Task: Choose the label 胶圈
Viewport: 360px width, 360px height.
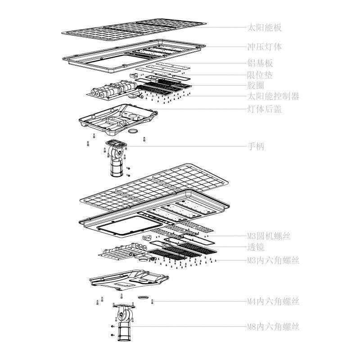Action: [x=255, y=85]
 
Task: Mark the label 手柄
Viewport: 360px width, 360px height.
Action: [x=255, y=146]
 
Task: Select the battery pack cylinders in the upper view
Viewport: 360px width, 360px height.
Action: [x=112, y=88]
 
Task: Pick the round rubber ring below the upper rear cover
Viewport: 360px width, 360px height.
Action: [x=134, y=131]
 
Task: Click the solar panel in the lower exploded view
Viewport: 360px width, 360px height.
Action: [x=153, y=189]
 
